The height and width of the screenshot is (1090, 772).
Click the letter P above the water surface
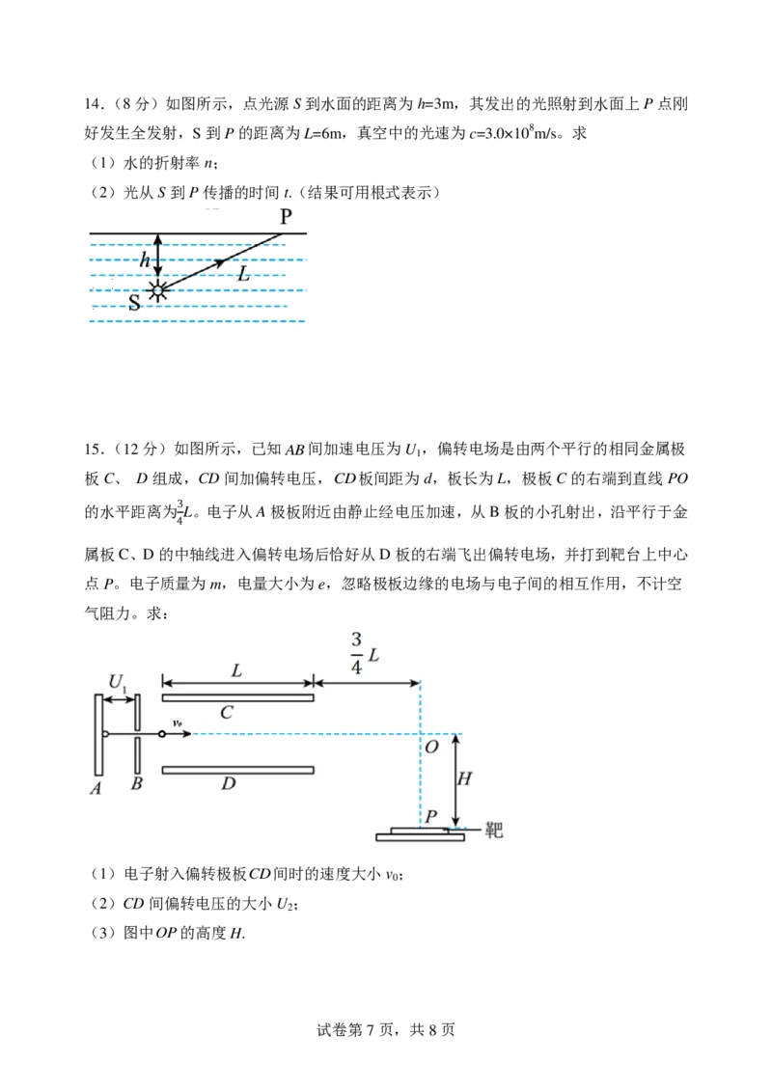[286, 216]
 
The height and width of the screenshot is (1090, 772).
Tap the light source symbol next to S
[158, 290]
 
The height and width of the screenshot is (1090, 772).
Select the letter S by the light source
[134, 303]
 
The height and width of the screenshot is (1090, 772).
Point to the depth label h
[145, 259]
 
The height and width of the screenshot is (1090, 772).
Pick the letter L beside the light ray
[245, 275]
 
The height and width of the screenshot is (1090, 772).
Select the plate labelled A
[98, 734]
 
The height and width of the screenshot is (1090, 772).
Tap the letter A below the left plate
[96, 785]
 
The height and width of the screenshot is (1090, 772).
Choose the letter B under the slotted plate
[137, 784]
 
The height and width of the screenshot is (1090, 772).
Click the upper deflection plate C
[237, 696]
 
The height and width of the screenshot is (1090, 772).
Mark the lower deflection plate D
[237, 770]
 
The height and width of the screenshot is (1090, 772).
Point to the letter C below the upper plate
[227, 713]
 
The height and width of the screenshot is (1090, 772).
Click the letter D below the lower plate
[228, 784]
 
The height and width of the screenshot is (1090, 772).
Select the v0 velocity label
[179, 722]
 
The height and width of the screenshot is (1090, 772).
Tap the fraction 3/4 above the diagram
[356, 652]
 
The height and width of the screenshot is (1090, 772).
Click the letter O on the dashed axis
[431, 748]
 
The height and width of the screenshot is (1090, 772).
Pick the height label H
[464, 778]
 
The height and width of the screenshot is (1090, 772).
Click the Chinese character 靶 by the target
[494, 830]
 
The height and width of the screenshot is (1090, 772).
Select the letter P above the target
[431, 817]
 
